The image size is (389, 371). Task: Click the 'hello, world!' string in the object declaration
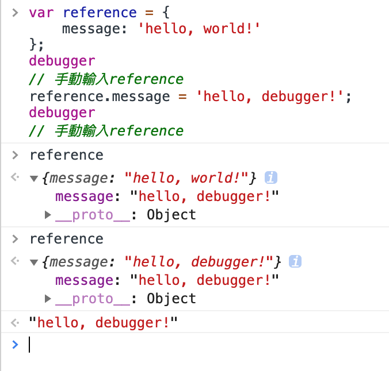point(199,29)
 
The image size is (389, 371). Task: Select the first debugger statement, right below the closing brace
point(62,61)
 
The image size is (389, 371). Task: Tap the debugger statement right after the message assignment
point(62,111)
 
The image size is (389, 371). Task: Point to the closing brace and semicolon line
point(37,45)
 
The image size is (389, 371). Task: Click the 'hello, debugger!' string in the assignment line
point(271,95)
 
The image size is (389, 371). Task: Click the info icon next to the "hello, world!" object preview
point(271,178)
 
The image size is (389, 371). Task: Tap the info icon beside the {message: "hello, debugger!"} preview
point(295,262)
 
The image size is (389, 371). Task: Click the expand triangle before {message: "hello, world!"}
point(34,179)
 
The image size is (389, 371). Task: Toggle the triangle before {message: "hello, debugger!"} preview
point(34,262)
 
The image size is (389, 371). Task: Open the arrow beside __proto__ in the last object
point(48,299)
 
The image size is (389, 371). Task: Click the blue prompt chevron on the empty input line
point(15,344)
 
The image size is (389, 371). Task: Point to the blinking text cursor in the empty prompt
point(29,344)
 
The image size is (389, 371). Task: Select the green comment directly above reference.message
point(106,79)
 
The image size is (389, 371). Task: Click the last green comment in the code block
point(106,130)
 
